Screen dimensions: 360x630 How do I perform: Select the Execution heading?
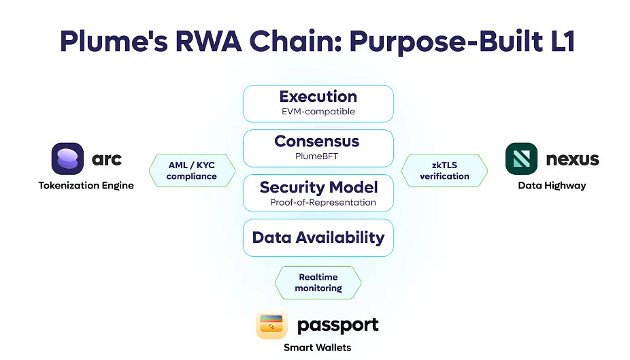(318, 97)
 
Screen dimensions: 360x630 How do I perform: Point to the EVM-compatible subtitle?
(318, 112)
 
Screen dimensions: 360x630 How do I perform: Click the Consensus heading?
(318, 142)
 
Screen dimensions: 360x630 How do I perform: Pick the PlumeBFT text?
(318, 157)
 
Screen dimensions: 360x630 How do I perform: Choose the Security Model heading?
(318, 187)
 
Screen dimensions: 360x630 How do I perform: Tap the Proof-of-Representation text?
(322, 202)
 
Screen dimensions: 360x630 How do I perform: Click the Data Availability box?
(318, 238)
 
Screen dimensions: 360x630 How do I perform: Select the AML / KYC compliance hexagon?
(192, 170)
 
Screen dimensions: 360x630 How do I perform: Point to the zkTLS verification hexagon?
(444, 170)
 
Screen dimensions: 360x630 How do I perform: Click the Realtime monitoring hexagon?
(318, 282)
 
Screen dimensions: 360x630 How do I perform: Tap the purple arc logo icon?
(67, 159)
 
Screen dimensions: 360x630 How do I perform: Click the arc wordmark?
(107, 159)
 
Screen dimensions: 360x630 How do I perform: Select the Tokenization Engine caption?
(86, 185)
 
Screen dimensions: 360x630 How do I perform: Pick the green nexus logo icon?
(521, 159)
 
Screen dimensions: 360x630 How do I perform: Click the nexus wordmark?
(572, 159)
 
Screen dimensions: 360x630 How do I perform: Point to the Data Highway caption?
(552, 185)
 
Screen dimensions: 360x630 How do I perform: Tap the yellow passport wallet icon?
(272, 325)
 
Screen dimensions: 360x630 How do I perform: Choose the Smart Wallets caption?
(318, 347)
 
